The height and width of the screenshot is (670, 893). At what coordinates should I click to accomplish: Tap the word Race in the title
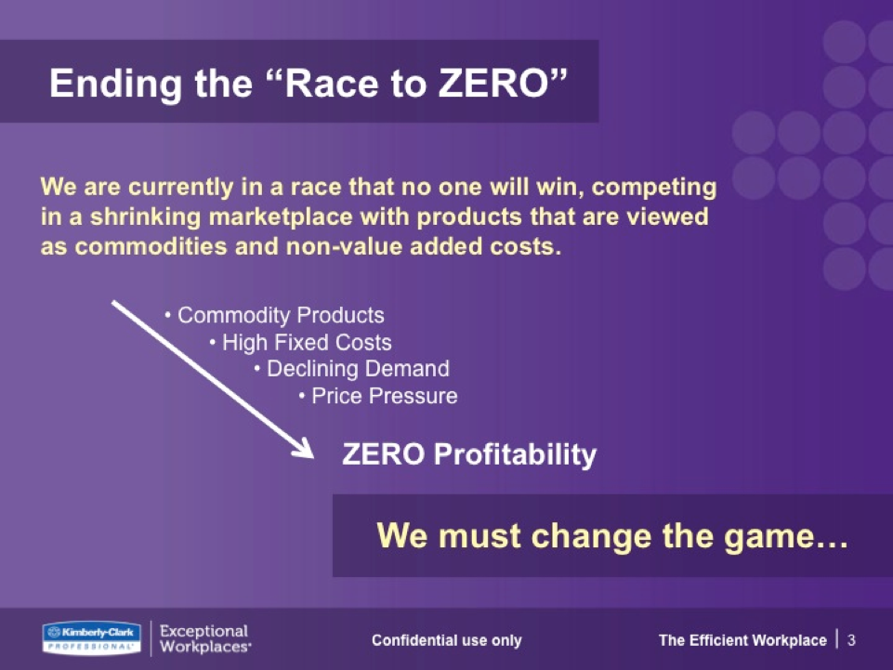pos(331,84)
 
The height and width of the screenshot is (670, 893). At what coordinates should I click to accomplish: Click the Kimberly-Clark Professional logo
pos(92,638)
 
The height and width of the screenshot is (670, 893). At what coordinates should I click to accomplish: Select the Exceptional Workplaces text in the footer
pos(205,638)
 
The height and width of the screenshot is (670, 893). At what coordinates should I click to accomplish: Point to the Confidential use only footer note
pos(446,640)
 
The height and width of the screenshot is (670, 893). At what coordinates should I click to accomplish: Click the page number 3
pos(851,640)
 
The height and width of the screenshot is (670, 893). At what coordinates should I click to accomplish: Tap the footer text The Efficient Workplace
pos(742,640)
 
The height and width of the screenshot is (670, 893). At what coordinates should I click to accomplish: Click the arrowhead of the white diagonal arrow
pos(305,449)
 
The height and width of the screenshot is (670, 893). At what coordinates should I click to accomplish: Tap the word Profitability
pos(515,454)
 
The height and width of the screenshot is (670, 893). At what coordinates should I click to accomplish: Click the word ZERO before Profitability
pos(383,454)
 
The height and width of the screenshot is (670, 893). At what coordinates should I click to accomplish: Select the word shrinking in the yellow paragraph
pos(145,217)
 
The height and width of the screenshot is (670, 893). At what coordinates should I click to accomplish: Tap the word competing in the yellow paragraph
pos(654,188)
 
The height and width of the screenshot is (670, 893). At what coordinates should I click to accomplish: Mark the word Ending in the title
pos(115,85)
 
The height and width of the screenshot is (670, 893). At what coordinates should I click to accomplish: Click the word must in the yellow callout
pos(479,537)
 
